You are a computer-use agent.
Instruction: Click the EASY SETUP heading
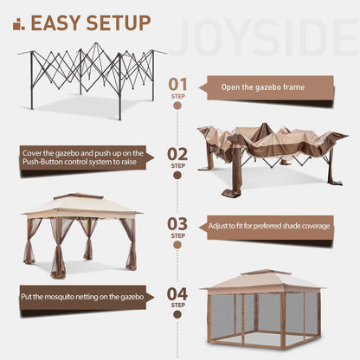[x=91, y=22]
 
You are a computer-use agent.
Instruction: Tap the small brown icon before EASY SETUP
[x=17, y=24]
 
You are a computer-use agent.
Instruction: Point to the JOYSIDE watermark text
[x=264, y=38]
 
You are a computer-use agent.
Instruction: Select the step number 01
[x=177, y=83]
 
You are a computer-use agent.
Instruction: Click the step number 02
[x=177, y=154]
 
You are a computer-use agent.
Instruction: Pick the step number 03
[x=177, y=224]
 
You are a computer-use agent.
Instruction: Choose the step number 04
[x=177, y=294]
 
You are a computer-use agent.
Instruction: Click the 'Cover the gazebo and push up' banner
[x=87, y=157]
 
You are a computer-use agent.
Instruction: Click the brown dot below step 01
[x=177, y=106]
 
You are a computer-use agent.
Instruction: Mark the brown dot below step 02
[x=177, y=175]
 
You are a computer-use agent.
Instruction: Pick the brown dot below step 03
[x=177, y=246]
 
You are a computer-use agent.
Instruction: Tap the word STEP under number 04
[x=177, y=305]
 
